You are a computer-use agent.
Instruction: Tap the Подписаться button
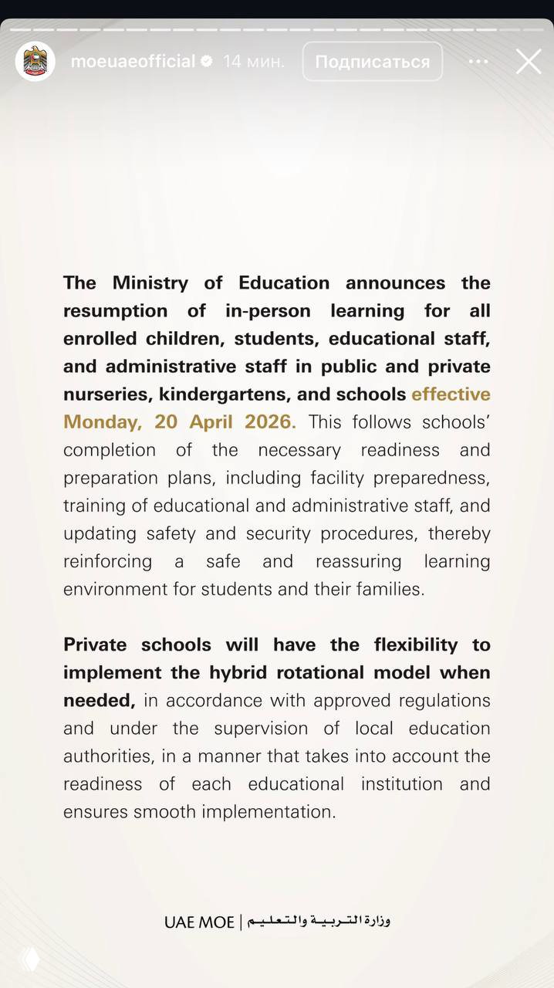click(372, 62)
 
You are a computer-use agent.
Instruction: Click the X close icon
click(529, 62)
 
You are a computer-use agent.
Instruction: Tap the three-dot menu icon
click(478, 62)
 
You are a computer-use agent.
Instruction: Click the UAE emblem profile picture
click(35, 62)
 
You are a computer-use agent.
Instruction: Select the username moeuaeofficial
click(133, 62)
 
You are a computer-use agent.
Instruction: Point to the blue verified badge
click(207, 62)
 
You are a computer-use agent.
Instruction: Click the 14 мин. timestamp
click(254, 62)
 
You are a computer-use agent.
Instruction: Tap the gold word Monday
click(100, 422)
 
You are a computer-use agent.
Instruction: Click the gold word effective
click(451, 394)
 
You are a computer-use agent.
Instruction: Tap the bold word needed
click(99, 700)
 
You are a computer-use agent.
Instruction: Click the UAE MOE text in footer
click(199, 922)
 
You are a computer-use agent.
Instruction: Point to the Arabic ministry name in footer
click(319, 921)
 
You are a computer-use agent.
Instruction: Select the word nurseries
click(108, 394)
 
